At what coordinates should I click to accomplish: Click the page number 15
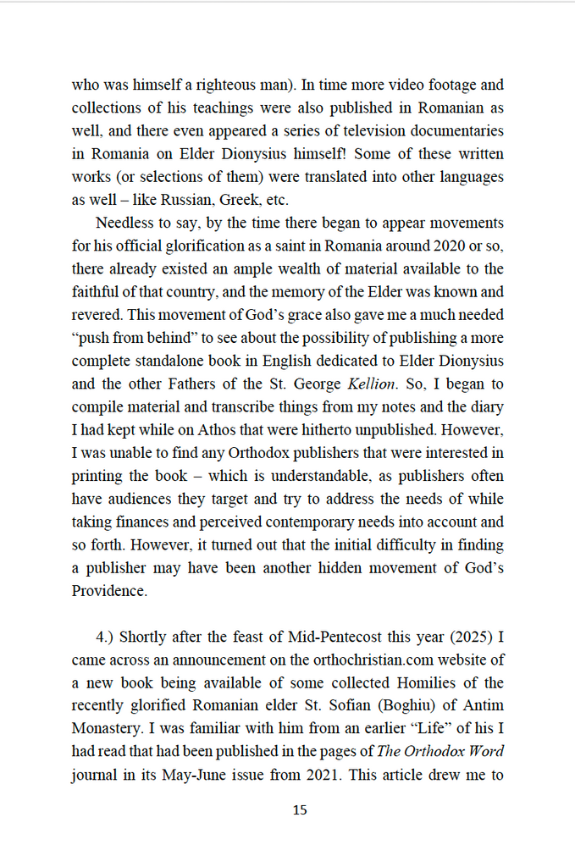click(x=300, y=810)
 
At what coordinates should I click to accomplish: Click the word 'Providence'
click(x=109, y=591)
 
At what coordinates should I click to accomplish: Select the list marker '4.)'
click(x=108, y=637)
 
